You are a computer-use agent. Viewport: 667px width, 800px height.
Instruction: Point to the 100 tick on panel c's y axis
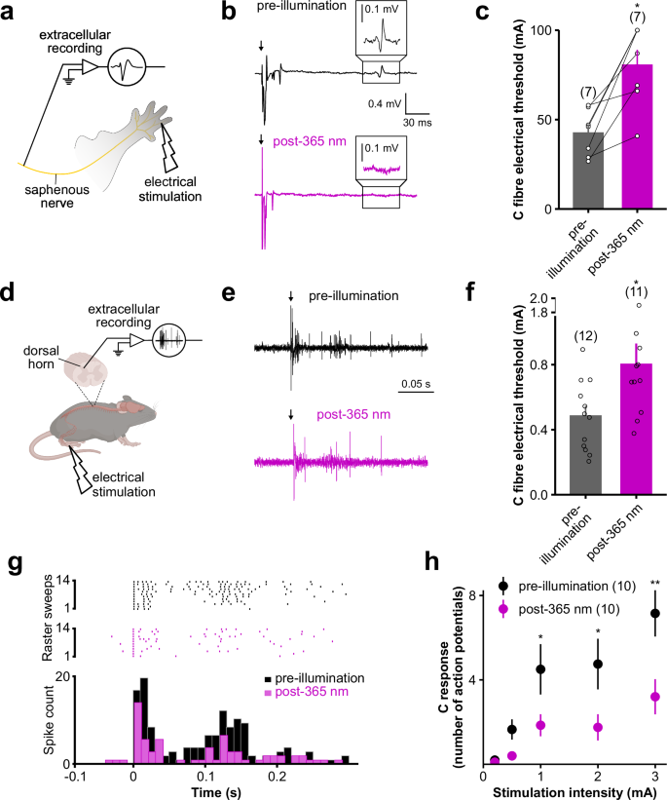pos(541,31)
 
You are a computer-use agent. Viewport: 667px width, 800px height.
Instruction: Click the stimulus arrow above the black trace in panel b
pos(261,43)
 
